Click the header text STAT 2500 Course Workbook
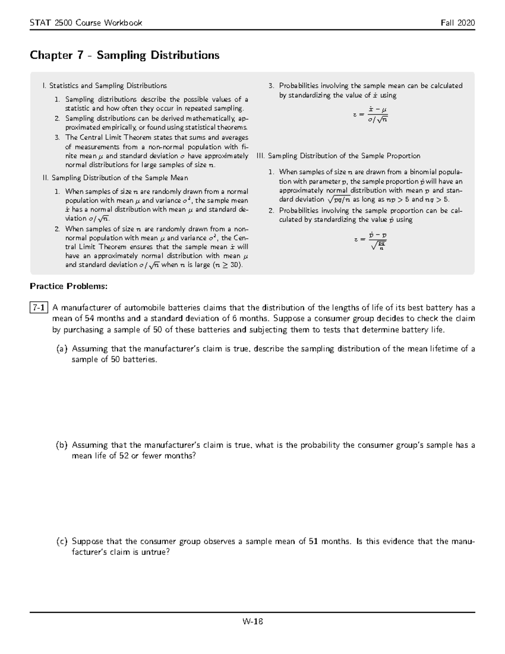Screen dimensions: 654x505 click(x=86, y=23)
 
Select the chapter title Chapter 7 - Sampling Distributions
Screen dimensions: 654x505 click(x=125, y=55)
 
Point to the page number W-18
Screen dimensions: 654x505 click(x=252, y=621)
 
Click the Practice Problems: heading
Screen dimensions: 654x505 click(x=69, y=286)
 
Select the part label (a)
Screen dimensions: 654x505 click(x=61, y=349)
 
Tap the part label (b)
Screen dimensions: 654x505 click(x=61, y=445)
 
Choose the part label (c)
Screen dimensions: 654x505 click(x=61, y=542)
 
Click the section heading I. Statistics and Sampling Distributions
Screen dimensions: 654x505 click(x=105, y=86)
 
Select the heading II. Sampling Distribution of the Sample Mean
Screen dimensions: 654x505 click(x=116, y=178)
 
